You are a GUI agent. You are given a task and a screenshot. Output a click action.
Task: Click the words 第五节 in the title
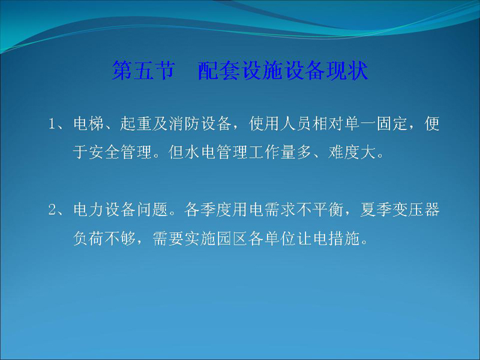pos(143,70)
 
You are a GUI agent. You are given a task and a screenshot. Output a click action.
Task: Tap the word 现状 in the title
pos(347,70)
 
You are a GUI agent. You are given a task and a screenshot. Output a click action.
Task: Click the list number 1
pos(52,124)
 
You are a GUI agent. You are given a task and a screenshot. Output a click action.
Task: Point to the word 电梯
pos(88,124)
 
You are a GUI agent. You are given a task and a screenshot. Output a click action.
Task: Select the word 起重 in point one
pos(136,124)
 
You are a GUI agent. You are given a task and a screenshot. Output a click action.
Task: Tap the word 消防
pos(184,124)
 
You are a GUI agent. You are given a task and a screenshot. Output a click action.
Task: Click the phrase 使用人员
pos(280,124)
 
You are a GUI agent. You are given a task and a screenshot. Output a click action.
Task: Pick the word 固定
pos(392,124)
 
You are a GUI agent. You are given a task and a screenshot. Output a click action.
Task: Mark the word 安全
pos(104,152)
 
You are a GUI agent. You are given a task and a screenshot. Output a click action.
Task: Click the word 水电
pos(200,152)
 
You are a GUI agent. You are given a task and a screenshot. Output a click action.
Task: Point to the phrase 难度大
pos(352,152)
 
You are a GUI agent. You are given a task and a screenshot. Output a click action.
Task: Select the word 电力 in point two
pos(88,210)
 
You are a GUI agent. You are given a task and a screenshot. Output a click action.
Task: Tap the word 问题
pos(152,210)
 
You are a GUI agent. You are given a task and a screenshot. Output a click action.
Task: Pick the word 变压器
pos(416,210)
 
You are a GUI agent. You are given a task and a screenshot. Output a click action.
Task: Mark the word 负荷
pos(88,238)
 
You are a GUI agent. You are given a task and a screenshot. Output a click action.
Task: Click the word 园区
pos(232,238)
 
